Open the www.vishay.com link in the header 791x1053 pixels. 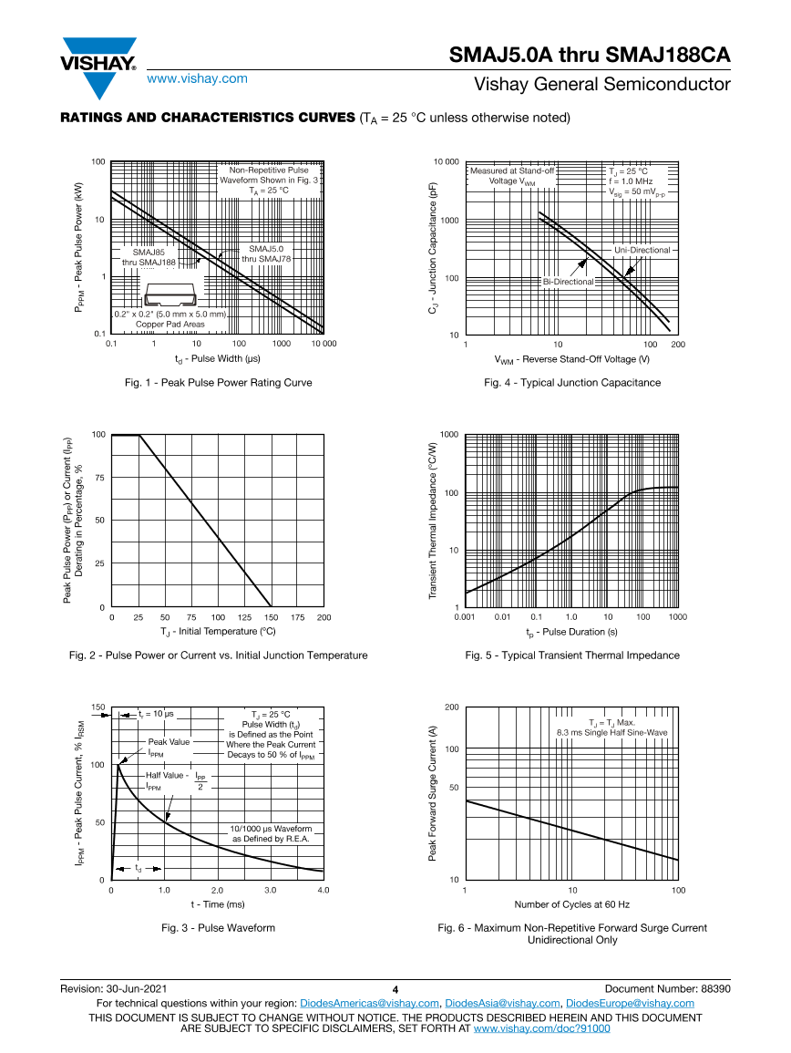click(197, 78)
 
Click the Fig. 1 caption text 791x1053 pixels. click(218, 382)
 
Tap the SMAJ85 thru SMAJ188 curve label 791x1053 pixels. click(155, 256)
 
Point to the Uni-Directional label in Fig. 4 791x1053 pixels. click(642, 250)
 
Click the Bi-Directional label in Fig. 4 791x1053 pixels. click(568, 282)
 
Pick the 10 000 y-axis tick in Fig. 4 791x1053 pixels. click(446, 162)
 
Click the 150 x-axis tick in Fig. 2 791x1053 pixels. click(271, 617)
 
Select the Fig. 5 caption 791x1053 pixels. click(572, 655)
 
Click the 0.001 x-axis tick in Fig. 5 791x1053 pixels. click(466, 617)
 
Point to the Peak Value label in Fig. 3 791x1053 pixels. click(169, 741)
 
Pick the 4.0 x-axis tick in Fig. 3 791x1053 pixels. click(323, 890)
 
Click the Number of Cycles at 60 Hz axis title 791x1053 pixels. click(571, 904)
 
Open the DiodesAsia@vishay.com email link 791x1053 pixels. click(502, 1003)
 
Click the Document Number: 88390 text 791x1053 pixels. click(667, 988)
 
